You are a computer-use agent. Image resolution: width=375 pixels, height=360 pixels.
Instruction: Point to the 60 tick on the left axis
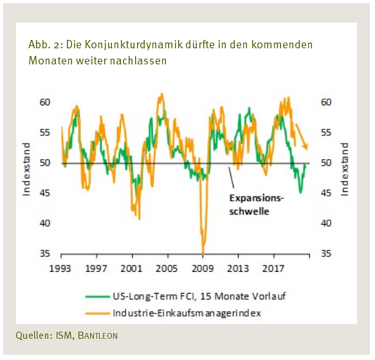click(x=44, y=102)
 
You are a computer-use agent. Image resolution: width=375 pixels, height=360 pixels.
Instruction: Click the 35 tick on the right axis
click(x=326, y=254)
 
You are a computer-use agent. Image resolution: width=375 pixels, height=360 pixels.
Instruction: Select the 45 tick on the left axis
click(x=44, y=193)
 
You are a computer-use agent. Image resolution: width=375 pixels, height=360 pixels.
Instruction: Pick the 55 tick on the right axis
click(x=326, y=133)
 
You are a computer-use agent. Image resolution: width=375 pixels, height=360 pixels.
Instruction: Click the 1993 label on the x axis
click(x=61, y=267)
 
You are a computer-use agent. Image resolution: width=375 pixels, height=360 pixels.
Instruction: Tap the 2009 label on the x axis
click(x=203, y=267)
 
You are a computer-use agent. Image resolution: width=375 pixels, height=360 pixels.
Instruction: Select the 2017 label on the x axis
click(x=273, y=267)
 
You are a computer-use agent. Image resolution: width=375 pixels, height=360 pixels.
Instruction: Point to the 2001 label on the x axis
click(x=132, y=267)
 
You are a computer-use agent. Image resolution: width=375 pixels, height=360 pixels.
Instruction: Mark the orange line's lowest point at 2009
click(x=203, y=252)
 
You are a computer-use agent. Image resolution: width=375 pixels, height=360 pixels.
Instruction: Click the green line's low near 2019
click(x=300, y=191)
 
